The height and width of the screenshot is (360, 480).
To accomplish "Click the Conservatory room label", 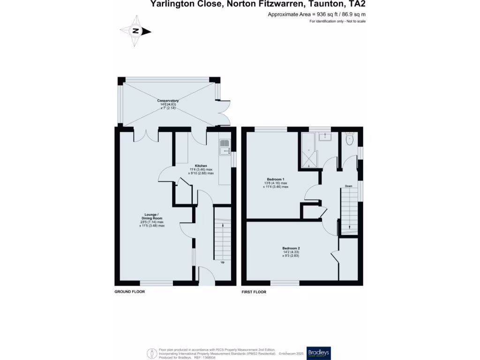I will tap(167, 101).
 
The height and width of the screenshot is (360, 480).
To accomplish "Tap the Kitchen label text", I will tap(201, 166).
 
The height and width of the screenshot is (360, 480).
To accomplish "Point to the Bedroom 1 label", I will tap(276, 180).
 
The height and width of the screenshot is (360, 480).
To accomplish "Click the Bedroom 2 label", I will tap(291, 248).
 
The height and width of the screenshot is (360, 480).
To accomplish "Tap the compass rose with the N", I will tap(136, 31).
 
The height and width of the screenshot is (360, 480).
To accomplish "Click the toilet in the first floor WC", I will tap(349, 138).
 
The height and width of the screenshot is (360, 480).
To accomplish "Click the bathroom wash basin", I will tap(325, 136).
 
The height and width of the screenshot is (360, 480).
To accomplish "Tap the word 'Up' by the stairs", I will tap(223, 262).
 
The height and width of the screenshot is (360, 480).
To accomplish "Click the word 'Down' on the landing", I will tap(348, 186).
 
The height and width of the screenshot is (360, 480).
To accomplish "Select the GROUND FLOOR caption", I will tap(130, 292).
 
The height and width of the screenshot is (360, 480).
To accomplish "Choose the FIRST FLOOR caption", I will tap(254, 292).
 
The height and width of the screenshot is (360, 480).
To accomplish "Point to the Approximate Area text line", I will tap(316, 15).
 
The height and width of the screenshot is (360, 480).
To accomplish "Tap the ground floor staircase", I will tap(223, 239).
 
